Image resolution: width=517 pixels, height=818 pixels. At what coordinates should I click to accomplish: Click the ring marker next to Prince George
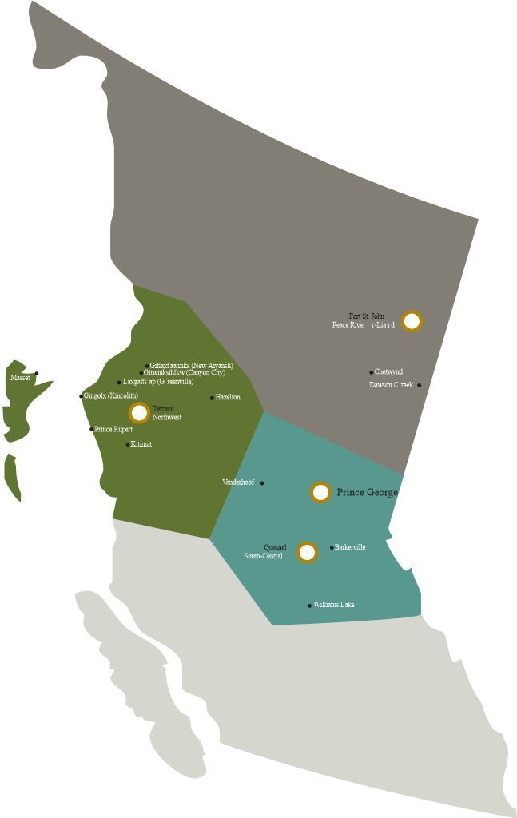320,492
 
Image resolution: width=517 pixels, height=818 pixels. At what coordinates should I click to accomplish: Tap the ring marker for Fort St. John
412,321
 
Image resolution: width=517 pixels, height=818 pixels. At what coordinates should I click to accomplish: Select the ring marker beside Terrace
139,412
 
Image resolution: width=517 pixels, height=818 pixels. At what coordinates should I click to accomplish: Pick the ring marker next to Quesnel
307,552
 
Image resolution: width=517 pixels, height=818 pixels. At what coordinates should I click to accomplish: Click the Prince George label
367,493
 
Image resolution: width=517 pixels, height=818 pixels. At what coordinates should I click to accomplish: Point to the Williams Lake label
334,605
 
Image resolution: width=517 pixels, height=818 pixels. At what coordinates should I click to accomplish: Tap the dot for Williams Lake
310,606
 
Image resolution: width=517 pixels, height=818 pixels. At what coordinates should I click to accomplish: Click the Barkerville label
351,547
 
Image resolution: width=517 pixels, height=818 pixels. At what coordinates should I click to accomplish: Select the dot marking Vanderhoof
262,482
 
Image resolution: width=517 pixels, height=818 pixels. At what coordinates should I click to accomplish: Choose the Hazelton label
228,397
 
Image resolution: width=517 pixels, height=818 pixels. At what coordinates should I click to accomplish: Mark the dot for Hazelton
213,398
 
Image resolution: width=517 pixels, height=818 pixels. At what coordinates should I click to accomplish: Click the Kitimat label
141,444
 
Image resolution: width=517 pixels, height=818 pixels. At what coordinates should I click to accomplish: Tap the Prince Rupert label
113,429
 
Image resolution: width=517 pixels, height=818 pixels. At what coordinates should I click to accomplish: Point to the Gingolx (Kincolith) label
111,395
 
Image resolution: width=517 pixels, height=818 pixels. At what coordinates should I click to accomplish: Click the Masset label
20,377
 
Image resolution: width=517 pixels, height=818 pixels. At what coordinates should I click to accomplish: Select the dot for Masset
37,373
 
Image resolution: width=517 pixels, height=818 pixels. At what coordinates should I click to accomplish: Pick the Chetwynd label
389,371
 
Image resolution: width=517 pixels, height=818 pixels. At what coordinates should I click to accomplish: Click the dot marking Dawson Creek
420,385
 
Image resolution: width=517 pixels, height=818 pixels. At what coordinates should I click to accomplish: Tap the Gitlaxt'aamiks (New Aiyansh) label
192,365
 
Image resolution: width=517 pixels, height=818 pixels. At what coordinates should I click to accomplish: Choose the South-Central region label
263,556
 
